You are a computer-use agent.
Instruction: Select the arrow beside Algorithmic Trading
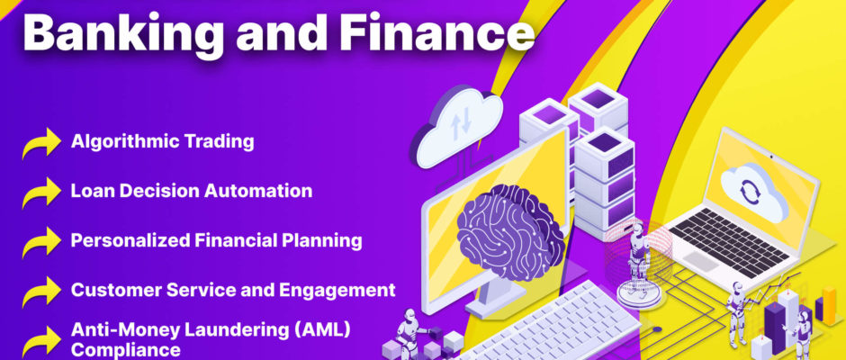[x=41, y=144]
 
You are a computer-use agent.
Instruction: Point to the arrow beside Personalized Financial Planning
[x=41, y=243]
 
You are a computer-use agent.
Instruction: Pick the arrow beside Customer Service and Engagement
[x=41, y=292]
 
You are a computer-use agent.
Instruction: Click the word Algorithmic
[x=124, y=142]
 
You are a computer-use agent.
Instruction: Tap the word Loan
[x=87, y=191]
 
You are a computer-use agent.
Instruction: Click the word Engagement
[x=337, y=291]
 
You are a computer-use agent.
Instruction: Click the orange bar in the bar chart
[x=829, y=307]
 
